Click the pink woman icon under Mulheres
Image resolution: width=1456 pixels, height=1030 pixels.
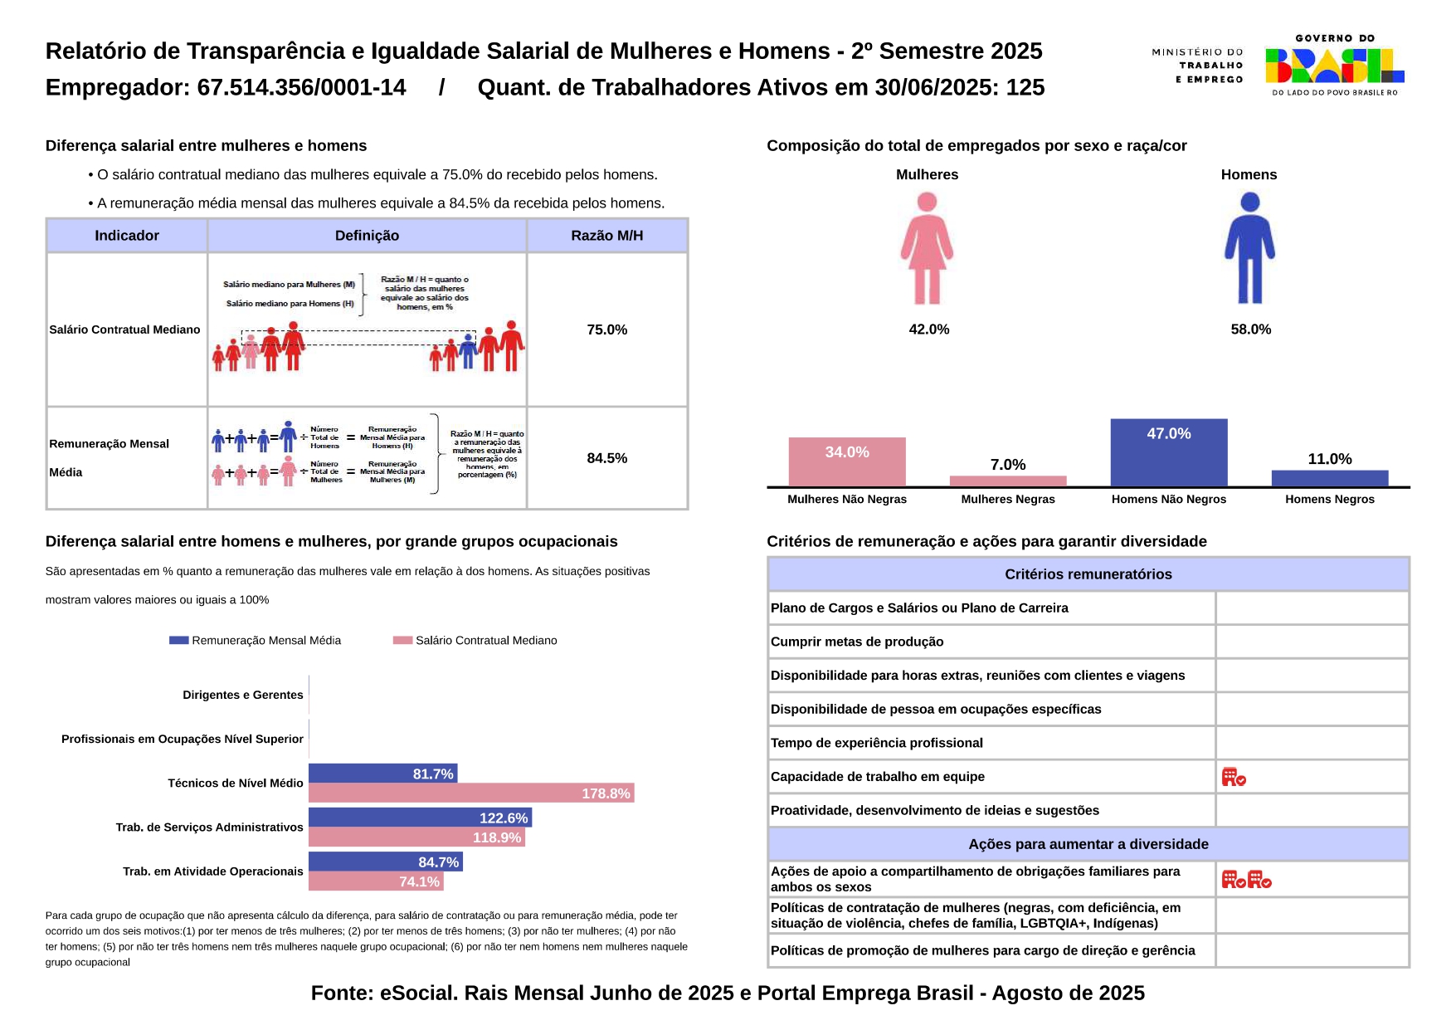(x=927, y=248)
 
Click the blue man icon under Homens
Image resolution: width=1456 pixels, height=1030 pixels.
(x=1249, y=248)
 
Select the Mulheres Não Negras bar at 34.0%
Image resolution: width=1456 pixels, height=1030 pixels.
(x=846, y=461)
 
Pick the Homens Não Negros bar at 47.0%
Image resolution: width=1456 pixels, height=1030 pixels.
(x=1168, y=452)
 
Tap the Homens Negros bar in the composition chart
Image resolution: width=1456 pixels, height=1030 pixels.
(x=1329, y=478)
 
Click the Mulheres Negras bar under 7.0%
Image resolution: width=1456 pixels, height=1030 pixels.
(x=1007, y=481)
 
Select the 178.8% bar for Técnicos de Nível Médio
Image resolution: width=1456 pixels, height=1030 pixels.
(x=470, y=793)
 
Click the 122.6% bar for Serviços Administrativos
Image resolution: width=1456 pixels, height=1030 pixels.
(x=420, y=818)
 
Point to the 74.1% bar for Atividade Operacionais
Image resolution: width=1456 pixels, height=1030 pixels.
(x=375, y=881)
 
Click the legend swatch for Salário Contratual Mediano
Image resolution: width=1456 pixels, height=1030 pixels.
(x=402, y=640)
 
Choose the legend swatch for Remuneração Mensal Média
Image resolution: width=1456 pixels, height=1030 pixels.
(x=178, y=640)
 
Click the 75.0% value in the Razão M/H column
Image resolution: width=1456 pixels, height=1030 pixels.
(x=606, y=330)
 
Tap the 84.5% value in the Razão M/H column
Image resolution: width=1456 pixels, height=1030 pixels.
(x=606, y=458)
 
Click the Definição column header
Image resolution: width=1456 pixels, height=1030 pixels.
(x=367, y=236)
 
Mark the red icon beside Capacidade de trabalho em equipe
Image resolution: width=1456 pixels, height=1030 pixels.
(x=1234, y=777)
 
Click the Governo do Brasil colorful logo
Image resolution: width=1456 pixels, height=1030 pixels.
(x=1334, y=66)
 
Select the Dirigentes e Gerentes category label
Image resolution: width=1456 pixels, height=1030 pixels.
(x=243, y=695)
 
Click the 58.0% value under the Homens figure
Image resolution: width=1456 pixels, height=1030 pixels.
(x=1250, y=330)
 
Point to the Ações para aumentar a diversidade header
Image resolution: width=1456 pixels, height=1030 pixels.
(x=1088, y=844)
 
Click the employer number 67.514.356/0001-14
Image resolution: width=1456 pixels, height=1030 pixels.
(x=301, y=87)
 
